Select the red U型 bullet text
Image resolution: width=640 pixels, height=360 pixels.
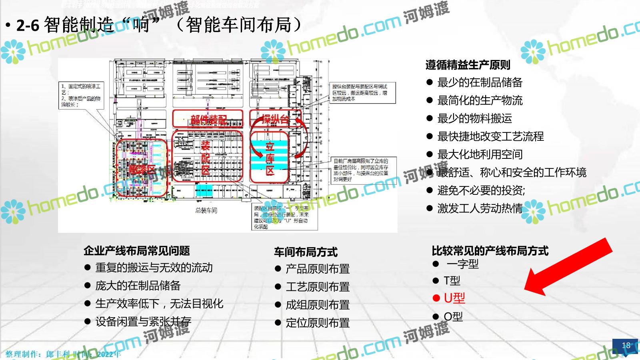click(454, 298)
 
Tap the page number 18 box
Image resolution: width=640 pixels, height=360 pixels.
click(626, 345)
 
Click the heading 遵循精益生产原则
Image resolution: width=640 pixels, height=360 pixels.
click(468, 65)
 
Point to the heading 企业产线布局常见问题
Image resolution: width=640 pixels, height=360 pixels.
click(136, 251)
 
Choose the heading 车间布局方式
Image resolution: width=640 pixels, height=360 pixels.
click(306, 252)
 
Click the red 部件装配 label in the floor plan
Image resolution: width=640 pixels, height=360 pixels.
click(208, 119)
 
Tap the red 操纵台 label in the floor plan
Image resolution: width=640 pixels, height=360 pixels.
click(275, 118)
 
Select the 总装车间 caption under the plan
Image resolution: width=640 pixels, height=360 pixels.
click(206, 210)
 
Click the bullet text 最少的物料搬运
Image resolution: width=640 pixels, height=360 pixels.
click(474, 118)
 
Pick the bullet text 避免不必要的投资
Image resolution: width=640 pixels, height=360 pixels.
click(481, 190)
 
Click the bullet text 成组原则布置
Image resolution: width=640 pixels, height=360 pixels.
click(318, 305)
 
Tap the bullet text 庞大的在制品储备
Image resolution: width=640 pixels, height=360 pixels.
click(138, 286)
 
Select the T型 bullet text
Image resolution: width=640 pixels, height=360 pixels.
click(452, 281)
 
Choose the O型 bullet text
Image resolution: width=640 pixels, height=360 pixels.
click(453, 317)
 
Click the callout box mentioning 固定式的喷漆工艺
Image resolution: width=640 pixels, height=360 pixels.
click(82, 95)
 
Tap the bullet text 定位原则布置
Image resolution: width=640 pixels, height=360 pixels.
click(318, 323)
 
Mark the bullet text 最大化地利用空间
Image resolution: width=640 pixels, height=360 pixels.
click(480, 154)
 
